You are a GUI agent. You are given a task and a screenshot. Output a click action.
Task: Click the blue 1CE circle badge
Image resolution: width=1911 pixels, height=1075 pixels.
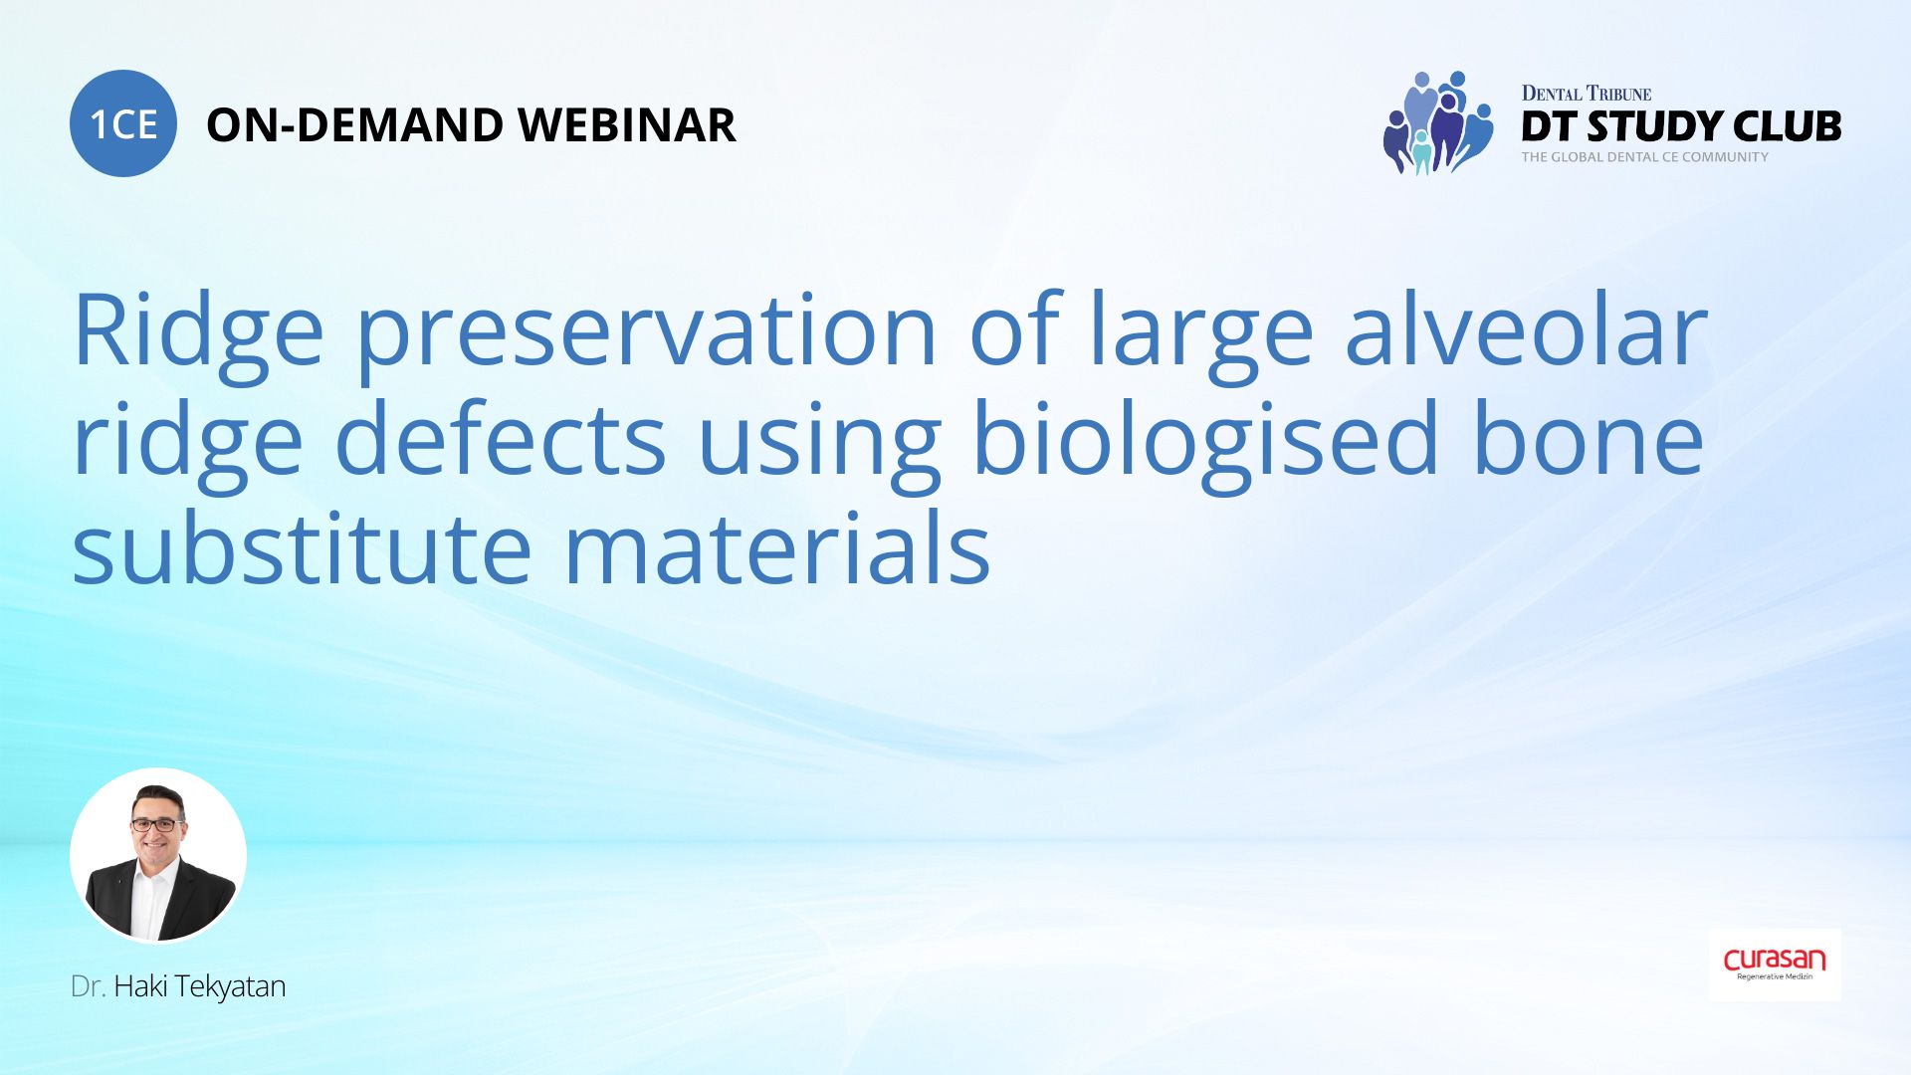click(123, 123)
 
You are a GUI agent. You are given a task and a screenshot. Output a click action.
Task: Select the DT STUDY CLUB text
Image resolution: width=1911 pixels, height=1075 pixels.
click(1681, 126)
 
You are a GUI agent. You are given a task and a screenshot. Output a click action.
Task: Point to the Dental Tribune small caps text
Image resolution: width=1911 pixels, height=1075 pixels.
click(1586, 94)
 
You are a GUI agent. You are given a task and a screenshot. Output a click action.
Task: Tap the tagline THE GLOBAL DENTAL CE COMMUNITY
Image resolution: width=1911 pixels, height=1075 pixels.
click(1644, 157)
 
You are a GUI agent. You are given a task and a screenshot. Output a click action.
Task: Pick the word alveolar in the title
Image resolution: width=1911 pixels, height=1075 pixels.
click(1525, 330)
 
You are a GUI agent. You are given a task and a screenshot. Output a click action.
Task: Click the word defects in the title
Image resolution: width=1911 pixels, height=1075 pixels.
click(500, 440)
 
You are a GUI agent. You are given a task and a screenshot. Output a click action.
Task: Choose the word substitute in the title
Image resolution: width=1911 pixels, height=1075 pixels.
click(302, 549)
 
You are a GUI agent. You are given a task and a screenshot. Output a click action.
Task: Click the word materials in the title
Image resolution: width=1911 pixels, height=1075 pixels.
click(776, 549)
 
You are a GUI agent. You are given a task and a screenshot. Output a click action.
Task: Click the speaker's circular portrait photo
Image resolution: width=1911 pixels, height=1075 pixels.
click(158, 855)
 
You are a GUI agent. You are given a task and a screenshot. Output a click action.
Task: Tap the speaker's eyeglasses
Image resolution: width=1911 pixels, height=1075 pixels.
click(158, 824)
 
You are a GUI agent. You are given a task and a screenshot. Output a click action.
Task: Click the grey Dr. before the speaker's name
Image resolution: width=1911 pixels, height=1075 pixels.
click(88, 986)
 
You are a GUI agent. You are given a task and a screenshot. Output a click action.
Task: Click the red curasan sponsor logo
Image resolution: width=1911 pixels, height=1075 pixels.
click(1775, 962)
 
